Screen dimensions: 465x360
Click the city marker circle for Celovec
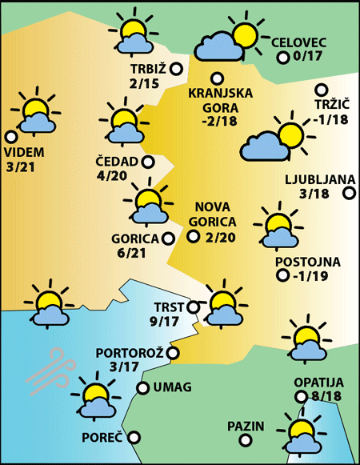282,58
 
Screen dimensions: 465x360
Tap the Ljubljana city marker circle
349,193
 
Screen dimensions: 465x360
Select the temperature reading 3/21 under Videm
24,167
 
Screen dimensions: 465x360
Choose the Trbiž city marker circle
176,70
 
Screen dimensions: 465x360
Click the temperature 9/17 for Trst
165,322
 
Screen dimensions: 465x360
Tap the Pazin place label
246,425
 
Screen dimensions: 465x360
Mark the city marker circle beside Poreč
134,437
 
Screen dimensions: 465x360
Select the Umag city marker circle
142,388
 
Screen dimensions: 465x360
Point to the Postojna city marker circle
282,276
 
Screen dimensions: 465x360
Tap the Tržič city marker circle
322,90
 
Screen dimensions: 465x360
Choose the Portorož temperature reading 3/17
124,367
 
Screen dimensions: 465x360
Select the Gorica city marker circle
168,238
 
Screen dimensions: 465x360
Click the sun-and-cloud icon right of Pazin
302,432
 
